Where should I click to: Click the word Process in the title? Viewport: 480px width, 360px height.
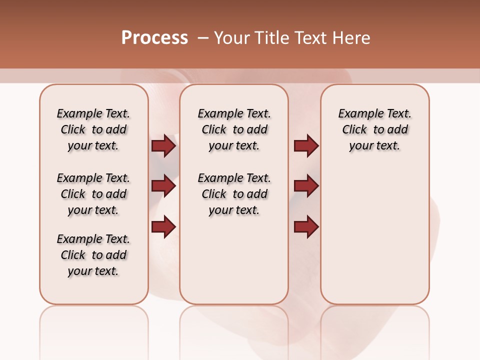pos(154,38)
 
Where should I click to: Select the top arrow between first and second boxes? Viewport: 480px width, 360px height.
pos(163,146)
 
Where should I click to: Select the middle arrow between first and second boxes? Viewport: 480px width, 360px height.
pos(163,186)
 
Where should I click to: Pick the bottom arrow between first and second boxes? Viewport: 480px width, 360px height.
pos(163,226)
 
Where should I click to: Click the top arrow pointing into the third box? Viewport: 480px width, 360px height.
pos(306,146)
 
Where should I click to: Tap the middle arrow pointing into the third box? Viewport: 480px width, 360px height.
pos(306,186)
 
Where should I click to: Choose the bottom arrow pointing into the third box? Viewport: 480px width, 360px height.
pos(306,226)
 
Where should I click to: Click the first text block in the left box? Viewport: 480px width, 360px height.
pos(93,129)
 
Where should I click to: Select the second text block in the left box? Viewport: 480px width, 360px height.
pos(93,194)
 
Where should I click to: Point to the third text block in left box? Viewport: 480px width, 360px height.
pos(93,255)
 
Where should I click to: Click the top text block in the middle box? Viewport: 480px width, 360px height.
pos(234,129)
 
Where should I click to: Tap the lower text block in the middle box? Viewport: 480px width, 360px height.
pos(234,194)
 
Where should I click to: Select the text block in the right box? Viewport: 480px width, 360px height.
pos(374,129)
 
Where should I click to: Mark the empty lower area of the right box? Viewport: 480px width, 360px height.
pos(374,235)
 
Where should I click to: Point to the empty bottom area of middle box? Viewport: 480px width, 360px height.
pos(234,265)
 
